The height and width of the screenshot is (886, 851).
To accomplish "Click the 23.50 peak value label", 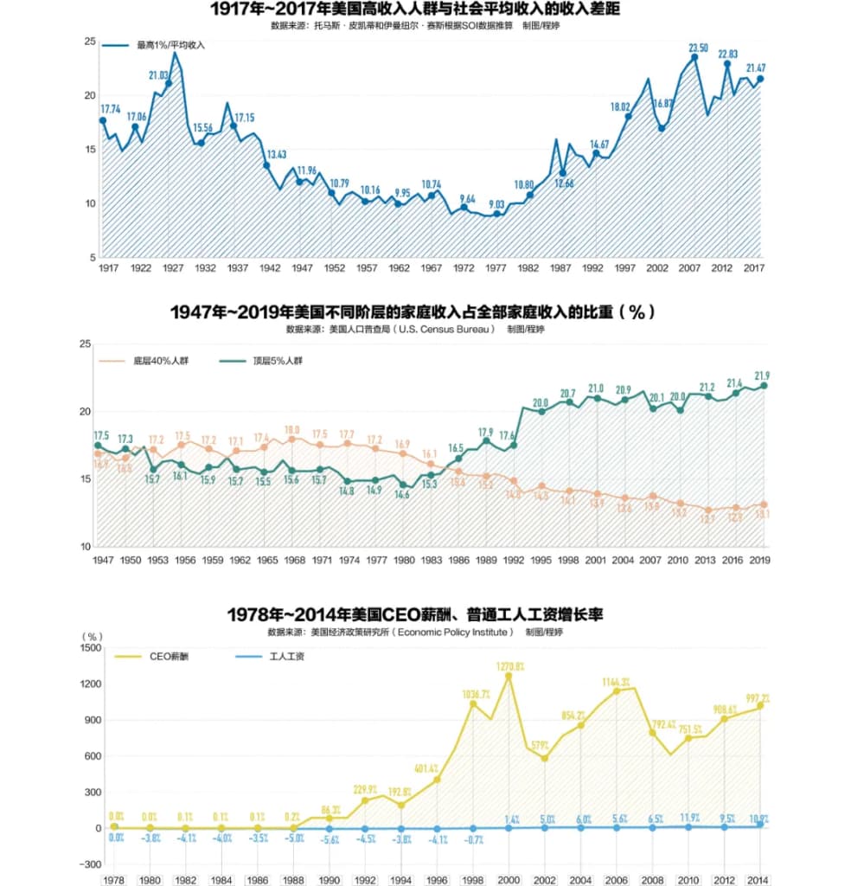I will pyautogui.click(x=698, y=48).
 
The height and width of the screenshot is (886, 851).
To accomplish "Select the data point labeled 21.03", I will pyautogui.click(x=169, y=84).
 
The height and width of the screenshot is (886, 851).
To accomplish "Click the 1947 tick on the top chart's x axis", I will pyautogui.click(x=302, y=269).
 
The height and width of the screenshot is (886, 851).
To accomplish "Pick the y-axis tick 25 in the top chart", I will pyautogui.click(x=90, y=42).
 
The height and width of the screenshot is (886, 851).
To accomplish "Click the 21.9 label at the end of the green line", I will pyautogui.click(x=761, y=376).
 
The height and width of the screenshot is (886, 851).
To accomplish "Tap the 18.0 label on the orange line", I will pyautogui.click(x=292, y=429).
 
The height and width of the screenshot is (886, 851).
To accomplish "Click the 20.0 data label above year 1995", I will pyautogui.click(x=541, y=402).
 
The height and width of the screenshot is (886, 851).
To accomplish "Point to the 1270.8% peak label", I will pyautogui.click(x=509, y=666).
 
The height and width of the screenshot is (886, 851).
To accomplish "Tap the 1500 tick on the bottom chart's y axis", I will pyautogui.click(x=89, y=647).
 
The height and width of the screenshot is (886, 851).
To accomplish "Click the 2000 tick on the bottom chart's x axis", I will pyautogui.click(x=509, y=880).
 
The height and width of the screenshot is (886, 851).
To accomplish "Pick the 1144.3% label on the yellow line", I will pyautogui.click(x=616, y=682).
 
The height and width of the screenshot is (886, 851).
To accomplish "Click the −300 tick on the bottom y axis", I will pyautogui.click(x=89, y=864).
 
